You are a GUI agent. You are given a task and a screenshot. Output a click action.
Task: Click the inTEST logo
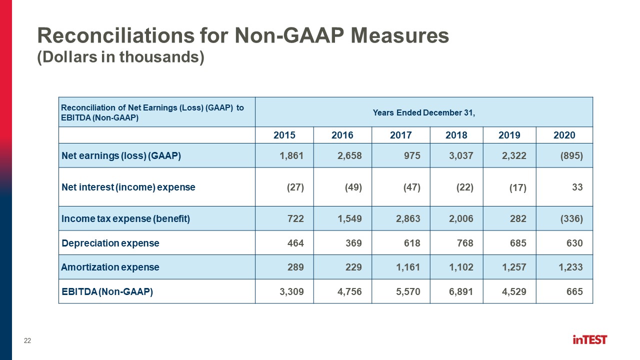tap(589, 339)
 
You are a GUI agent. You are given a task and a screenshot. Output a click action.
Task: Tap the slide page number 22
tap(27, 340)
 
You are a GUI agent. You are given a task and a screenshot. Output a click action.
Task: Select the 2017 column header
tap(400, 135)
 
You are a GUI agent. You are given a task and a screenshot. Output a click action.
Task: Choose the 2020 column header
tap(564, 135)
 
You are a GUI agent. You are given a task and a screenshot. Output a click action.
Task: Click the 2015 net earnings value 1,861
tap(291, 155)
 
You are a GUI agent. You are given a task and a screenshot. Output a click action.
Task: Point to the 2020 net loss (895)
tap(571, 155)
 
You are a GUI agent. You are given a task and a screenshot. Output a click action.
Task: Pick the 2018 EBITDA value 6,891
tap(461, 291)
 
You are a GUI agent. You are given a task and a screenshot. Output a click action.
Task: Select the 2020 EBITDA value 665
tap(574, 291)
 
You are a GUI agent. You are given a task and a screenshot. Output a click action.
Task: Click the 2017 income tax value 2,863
tap(408, 219)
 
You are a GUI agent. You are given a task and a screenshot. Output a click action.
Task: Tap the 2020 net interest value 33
tap(577, 187)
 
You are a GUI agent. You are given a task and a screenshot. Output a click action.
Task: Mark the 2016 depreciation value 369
tap(353, 243)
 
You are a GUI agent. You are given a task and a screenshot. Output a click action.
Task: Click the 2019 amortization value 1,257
tap(514, 267)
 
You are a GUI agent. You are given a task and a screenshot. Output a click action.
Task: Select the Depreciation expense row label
tap(110, 243)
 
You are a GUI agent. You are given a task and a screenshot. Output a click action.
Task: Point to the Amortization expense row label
tap(110, 267)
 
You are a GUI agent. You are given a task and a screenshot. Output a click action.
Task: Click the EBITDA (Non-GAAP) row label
tap(107, 291)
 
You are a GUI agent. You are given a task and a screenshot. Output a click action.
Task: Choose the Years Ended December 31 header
tap(423, 113)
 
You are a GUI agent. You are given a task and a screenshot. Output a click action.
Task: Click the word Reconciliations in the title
tap(116, 35)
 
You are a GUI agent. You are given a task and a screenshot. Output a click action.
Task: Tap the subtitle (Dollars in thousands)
tap(121, 57)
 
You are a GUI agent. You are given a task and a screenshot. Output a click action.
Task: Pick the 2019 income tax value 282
tap(518, 219)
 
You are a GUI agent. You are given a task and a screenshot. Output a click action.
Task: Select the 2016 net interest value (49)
tap(353, 187)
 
